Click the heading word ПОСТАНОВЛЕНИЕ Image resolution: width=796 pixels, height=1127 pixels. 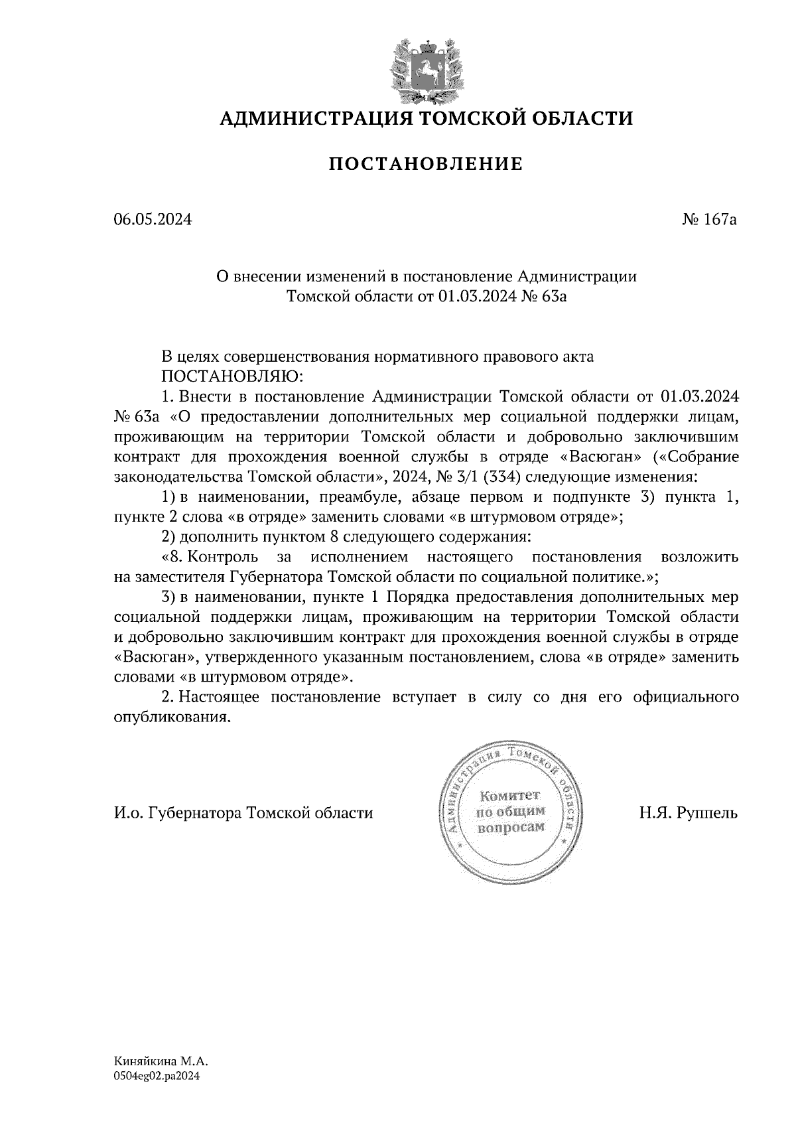click(426, 164)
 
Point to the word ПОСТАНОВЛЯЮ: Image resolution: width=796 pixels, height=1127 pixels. click(232, 376)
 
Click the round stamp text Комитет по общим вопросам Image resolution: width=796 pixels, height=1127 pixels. click(510, 811)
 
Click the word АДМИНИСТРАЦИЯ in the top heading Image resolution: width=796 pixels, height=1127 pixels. click(306, 119)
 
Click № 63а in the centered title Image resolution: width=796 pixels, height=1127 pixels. click(545, 297)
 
